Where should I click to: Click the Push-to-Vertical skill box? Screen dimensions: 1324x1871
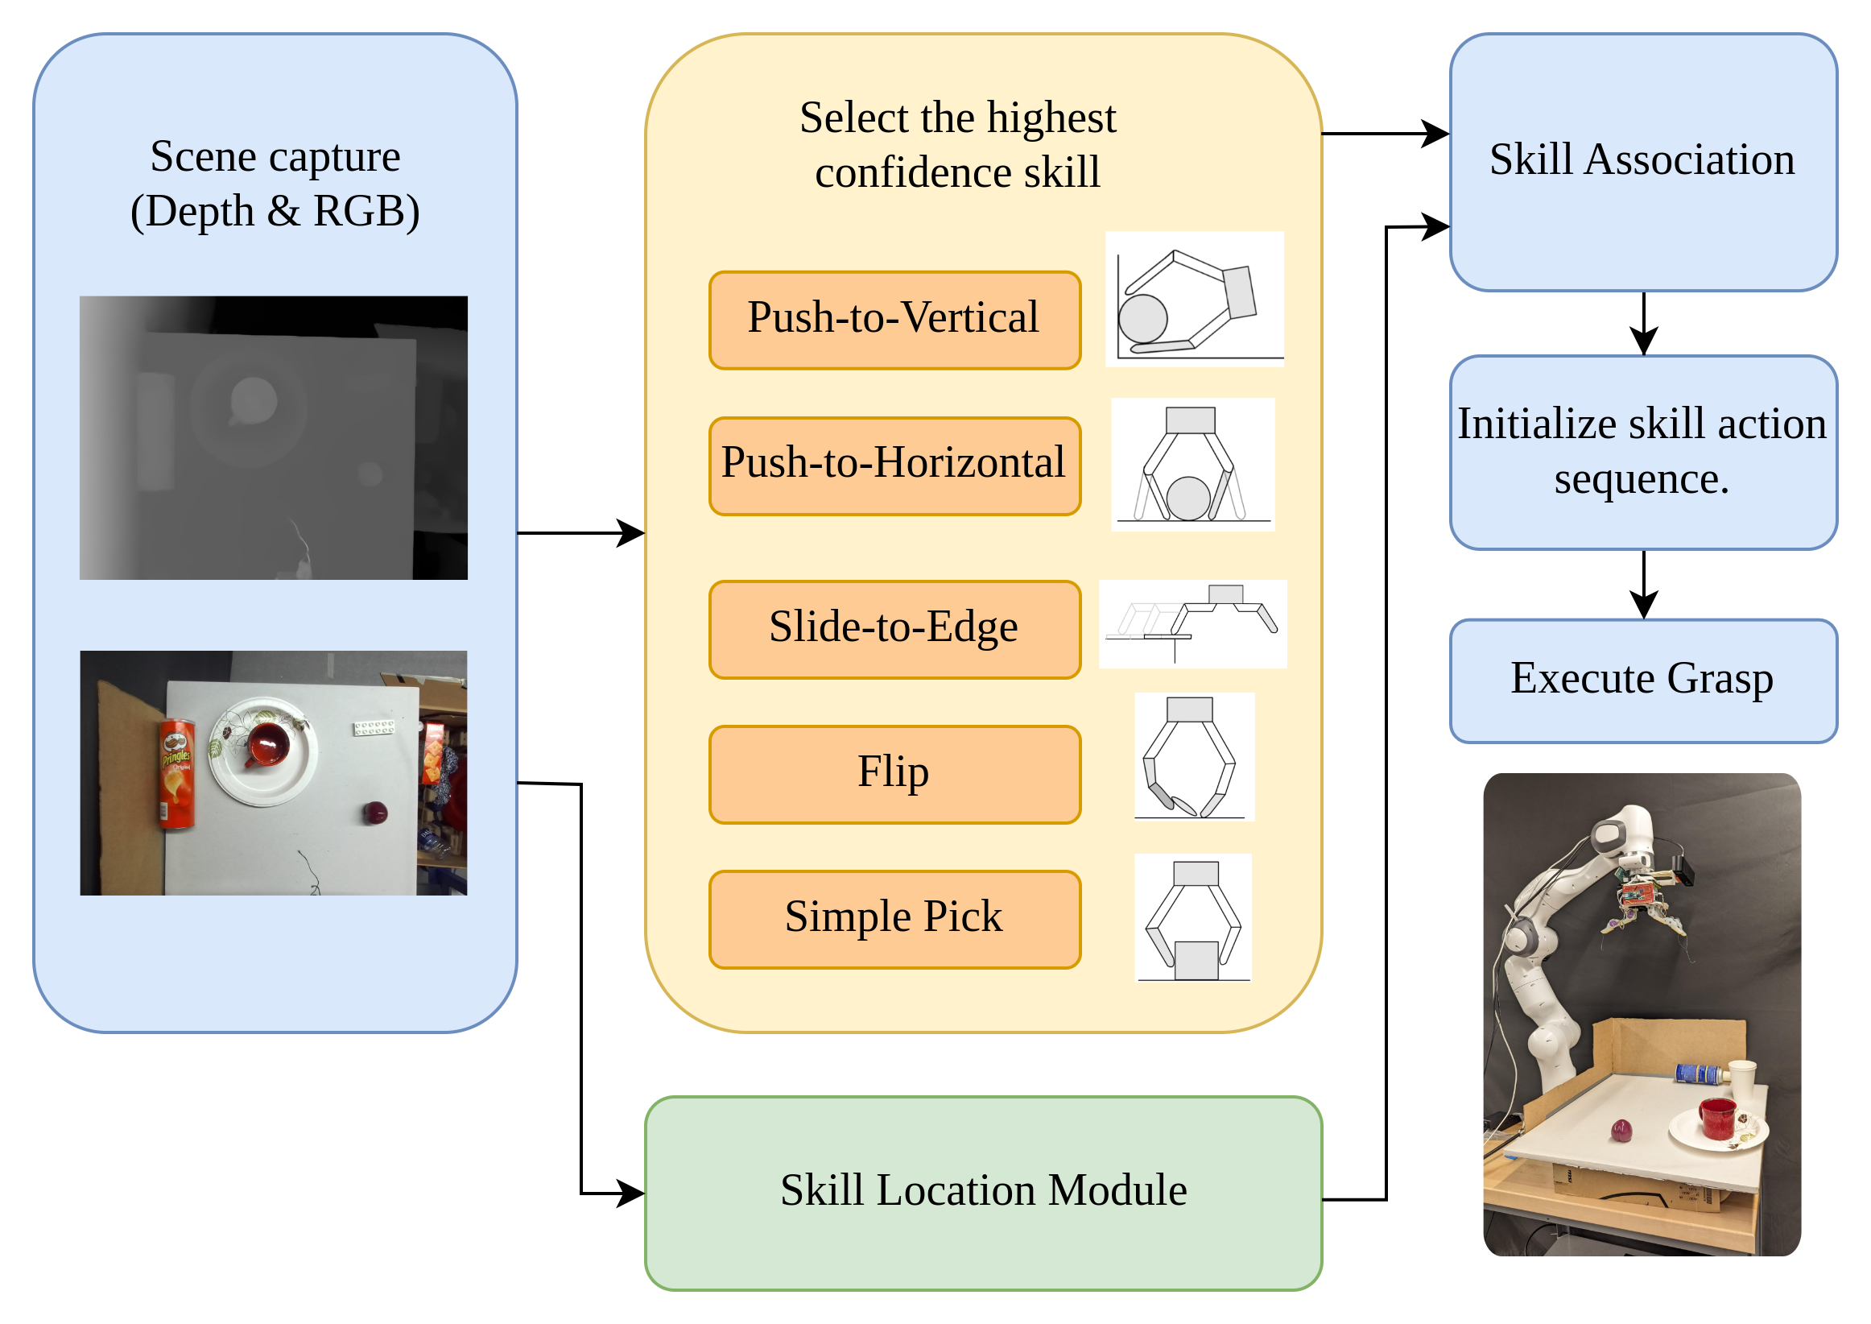(x=894, y=321)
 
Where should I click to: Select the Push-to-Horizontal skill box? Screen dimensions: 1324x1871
(x=894, y=466)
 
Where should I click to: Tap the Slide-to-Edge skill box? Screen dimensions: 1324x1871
(x=894, y=630)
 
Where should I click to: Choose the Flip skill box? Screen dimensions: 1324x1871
(x=894, y=775)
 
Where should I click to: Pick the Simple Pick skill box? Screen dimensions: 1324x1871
(x=894, y=920)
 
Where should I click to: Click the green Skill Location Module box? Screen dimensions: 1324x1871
(x=983, y=1193)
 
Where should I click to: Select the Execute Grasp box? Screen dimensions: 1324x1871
(x=1642, y=681)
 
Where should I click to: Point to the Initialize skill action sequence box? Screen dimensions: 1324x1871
(x=1642, y=453)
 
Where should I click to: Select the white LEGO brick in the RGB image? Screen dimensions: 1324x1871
(x=374, y=726)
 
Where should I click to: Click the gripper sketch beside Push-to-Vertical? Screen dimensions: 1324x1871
(x=1194, y=300)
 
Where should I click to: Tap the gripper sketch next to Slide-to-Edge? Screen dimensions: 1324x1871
(x=1192, y=623)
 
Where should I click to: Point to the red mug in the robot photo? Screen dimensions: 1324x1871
(x=1717, y=1118)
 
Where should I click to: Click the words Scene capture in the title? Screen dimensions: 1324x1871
(x=275, y=156)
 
